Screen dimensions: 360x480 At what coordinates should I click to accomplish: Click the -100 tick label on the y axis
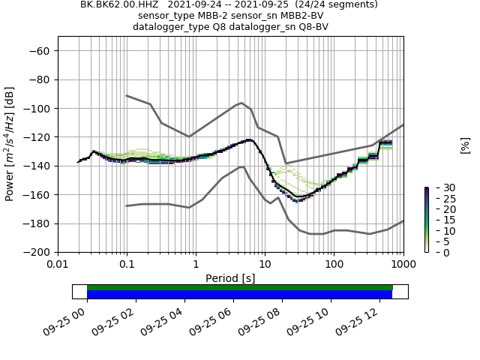click(39, 109)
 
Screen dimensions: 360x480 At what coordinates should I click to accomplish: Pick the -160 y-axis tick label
click(39, 195)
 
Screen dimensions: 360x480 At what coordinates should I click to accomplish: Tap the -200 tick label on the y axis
click(39, 253)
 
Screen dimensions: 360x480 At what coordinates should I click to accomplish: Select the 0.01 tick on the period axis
click(58, 265)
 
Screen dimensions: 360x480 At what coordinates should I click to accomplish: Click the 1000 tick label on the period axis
click(403, 265)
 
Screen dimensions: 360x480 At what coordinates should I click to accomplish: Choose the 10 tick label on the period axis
click(265, 265)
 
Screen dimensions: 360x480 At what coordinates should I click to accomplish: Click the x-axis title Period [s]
click(230, 277)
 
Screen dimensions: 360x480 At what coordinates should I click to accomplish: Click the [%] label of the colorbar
click(465, 145)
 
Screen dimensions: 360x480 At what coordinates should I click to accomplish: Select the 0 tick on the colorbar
click(437, 253)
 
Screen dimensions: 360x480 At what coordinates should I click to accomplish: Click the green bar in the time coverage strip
click(240, 287)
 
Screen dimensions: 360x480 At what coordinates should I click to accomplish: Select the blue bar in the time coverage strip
click(240, 295)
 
